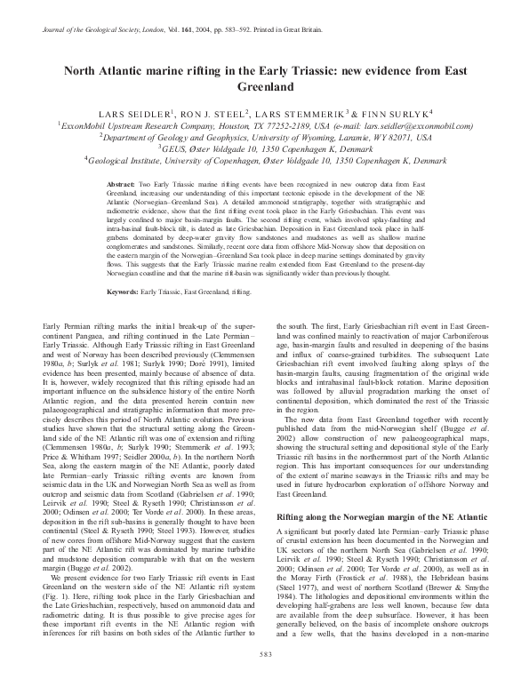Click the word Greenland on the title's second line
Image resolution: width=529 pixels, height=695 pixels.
264,89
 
